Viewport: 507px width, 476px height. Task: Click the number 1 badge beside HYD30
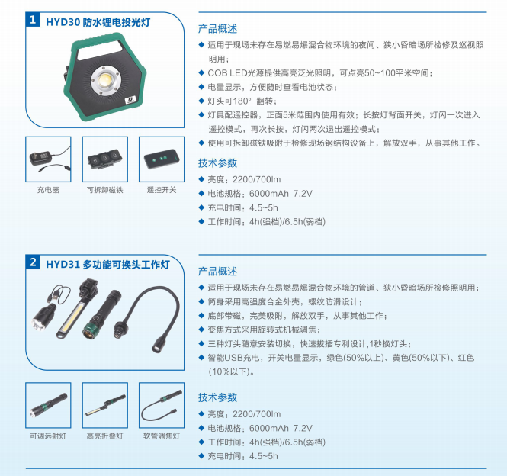coord(34,21)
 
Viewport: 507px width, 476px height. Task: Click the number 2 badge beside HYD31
coord(34,263)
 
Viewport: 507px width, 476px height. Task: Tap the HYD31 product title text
coord(107,264)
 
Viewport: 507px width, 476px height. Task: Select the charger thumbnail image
coord(48,158)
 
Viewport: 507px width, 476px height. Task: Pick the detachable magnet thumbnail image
coord(104,158)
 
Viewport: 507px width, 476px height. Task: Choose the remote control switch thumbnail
coord(160,158)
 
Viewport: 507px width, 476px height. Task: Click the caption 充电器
coord(48,189)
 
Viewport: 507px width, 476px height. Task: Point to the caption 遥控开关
coord(160,189)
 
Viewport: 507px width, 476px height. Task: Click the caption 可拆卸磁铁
coord(104,189)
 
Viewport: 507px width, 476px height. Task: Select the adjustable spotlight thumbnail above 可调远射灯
coord(48,405)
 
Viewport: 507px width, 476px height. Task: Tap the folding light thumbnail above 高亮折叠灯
coord(104,405)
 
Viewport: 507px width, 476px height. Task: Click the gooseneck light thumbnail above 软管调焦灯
coord(160,405)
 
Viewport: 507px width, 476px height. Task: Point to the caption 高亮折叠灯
coord(104,436)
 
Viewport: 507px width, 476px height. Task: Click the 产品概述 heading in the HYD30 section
coord(217,30)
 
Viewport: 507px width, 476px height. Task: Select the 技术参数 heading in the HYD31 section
coord(217,397)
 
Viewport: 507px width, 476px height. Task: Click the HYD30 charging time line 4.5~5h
coord(243,207)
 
